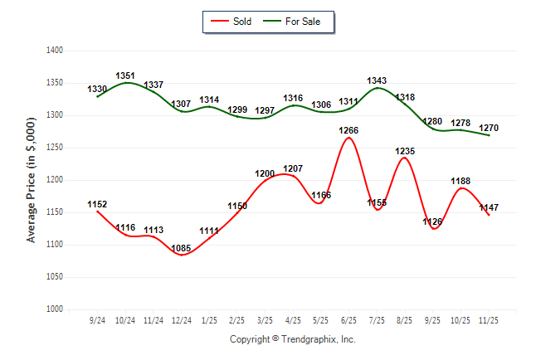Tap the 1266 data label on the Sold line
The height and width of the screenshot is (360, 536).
pos(349,130)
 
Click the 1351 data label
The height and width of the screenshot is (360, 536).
pos(125,75)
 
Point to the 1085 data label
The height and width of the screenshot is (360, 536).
pos(181,247)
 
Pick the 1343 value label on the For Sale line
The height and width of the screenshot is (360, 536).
pos(377,80)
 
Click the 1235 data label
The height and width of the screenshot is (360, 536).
pos(405,151)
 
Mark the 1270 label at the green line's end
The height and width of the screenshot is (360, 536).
pos(489,128)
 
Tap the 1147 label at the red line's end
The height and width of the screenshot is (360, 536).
pos(489,207)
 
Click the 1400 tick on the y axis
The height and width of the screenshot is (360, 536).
pos(55,51)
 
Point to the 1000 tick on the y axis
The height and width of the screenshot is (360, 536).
pos(55,309)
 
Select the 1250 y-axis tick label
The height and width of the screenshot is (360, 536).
pos(55,148)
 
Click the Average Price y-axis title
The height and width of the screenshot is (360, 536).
pos(32,180)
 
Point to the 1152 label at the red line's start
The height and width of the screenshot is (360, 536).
pos(97,204)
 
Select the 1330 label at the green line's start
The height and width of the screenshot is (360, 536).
pos(97,89)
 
